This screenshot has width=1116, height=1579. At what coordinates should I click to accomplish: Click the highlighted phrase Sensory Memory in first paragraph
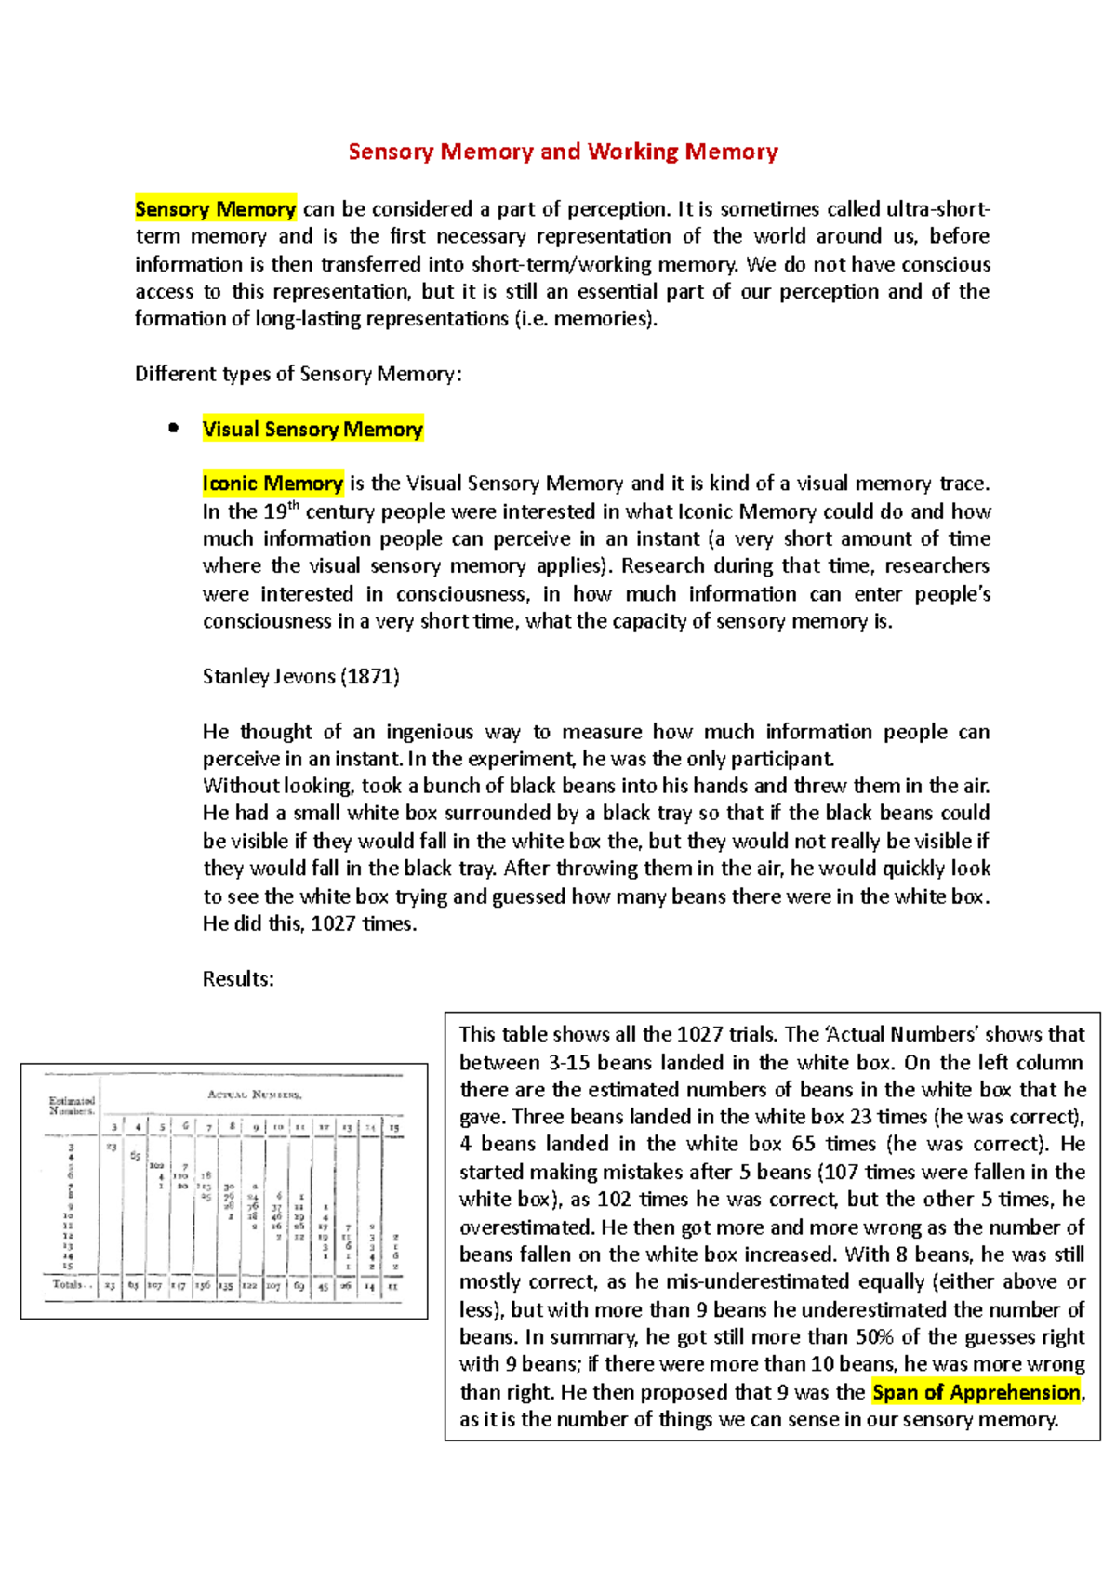tap(215, 209)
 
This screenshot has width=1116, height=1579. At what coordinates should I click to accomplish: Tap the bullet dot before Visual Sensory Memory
tap(172, 429)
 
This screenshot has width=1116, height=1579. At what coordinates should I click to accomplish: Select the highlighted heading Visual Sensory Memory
tap(312, 429)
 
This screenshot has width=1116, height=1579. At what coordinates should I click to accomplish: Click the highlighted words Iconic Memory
tap(272, 484)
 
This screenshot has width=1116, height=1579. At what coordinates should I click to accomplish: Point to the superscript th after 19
tap(294, 505)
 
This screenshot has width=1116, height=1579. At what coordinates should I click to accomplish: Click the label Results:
tap(238, 979)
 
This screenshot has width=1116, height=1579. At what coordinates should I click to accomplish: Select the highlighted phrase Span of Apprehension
tap(976, 1392)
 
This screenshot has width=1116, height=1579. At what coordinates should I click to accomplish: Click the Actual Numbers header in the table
tap(254, 1095)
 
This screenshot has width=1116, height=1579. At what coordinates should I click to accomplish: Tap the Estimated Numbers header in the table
tap(72, 1106)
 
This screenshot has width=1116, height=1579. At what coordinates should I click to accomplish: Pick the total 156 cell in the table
tap(202, 1286)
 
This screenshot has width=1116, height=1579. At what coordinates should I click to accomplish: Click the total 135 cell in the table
tap(226, 1286)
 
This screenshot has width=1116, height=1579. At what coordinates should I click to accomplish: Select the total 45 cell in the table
tap(323, 1286)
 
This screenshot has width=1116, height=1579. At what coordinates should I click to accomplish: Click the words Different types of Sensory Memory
tap(298, 374)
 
